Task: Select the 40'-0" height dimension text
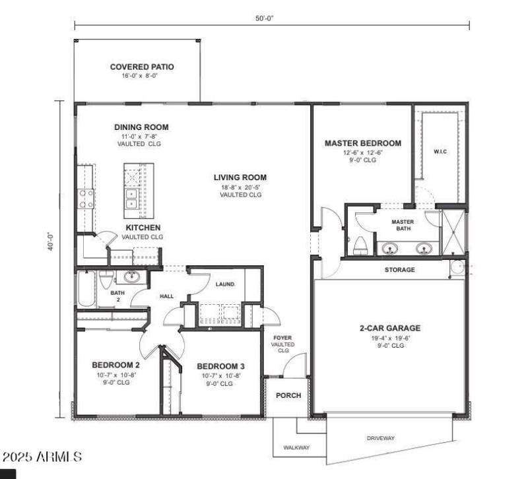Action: (x=51, y=259)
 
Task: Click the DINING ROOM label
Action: (x=141, y=127)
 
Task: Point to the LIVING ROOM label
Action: (x=240, y=177)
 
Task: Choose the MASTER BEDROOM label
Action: (x=363, y=143)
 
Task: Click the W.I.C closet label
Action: (x=440, y=152)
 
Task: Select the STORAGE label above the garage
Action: (x=400, y=269)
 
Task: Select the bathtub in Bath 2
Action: (x=86, y=289)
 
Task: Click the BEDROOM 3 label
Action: (x=220, y=366)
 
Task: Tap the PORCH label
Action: (x=288, y=396)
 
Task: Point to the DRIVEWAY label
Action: (x=380, y=437)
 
